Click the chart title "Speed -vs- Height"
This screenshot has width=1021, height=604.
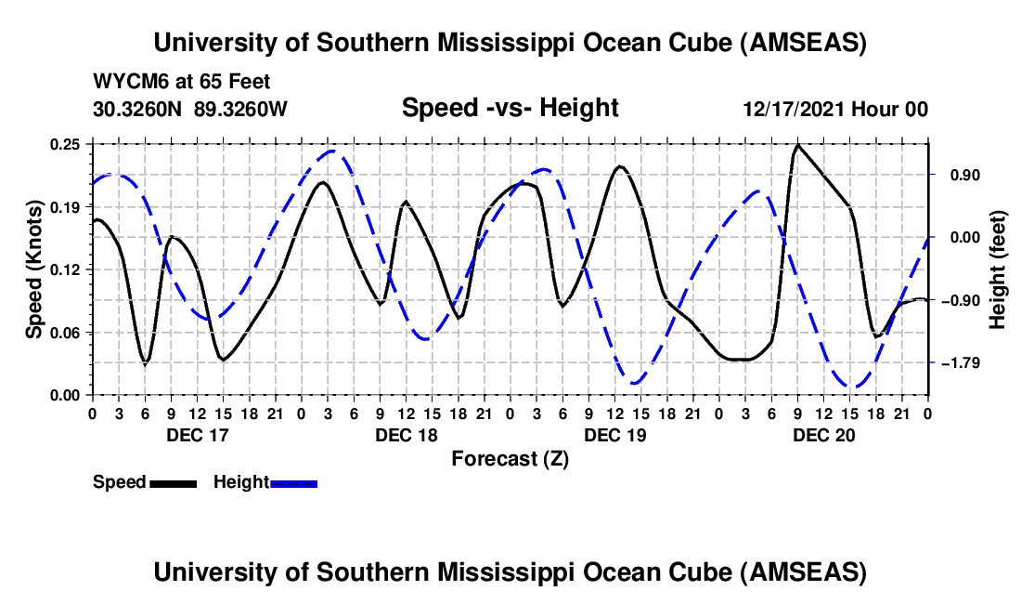[510, 108]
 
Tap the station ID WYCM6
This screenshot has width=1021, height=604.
[128, 82]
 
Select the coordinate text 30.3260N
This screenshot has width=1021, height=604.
[138, 109]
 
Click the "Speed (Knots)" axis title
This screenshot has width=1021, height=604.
[34, 269]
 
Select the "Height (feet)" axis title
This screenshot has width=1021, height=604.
[999, 269]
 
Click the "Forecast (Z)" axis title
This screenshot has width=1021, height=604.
[510, 458]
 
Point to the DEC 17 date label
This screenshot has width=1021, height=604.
[196, 435]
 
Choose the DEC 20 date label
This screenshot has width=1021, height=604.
[822, 435]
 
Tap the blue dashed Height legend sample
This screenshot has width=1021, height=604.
[294, 483]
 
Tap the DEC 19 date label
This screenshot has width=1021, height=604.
[614, 435]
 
